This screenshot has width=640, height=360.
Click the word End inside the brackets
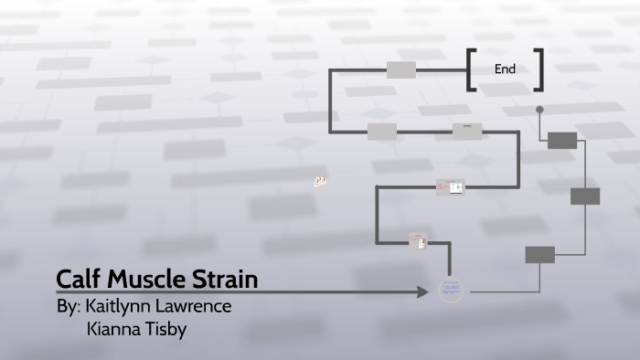(x=505, y=69)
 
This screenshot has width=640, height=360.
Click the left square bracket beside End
(x=471, y=70)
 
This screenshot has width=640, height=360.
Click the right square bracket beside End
(x=539, y=70)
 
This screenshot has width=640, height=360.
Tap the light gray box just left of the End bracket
(x=400, y=69)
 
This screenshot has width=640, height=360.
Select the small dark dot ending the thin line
(x=539, y=110)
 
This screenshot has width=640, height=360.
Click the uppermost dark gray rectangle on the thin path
(x=562, y=140)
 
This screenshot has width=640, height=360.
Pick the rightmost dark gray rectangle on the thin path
(x=585, y=196)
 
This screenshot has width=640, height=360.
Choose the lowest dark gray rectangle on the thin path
(x=539, y=254)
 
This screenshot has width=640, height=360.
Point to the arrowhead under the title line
(x=422, y=292)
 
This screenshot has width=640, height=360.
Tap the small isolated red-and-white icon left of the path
(x=320, y=182)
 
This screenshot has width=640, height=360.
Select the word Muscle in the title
(x=146, y=278)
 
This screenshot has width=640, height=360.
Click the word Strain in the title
(x=226, y=278)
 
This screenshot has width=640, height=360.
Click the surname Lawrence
(x=197, y=306)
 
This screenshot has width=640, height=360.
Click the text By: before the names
(x=69, y=306)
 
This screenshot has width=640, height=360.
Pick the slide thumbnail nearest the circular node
(x=418, y=241)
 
